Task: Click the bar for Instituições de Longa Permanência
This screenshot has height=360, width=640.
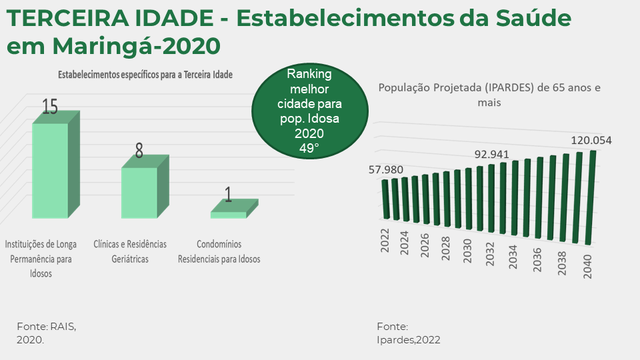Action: [55, 165]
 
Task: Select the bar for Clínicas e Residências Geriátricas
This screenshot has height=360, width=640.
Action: [145, 187]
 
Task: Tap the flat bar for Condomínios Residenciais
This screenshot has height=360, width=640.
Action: [234, 209]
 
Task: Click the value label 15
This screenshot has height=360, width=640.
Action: [50, 107]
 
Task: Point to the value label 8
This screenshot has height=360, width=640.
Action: [139, 151]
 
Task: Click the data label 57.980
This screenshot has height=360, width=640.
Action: [386, 169]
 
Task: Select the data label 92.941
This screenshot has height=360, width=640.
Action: [491, 154]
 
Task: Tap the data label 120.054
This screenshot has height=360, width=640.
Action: [591, 141]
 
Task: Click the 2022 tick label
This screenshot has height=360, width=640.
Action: [385, 241]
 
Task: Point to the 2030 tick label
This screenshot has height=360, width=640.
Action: [467, 251]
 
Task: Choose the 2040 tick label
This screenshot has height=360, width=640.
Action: [587, 267]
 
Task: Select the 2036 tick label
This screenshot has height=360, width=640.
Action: [537, 259]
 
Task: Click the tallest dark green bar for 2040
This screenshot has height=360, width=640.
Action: [590, 198]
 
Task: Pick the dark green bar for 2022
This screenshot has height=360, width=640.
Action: [386, 199]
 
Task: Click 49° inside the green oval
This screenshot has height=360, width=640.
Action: [309, 148]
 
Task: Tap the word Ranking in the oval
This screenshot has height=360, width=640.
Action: [309, 74]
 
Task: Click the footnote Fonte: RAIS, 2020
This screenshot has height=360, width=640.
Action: [46, 333]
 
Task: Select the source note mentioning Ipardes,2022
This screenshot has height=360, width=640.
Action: [409, 333]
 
